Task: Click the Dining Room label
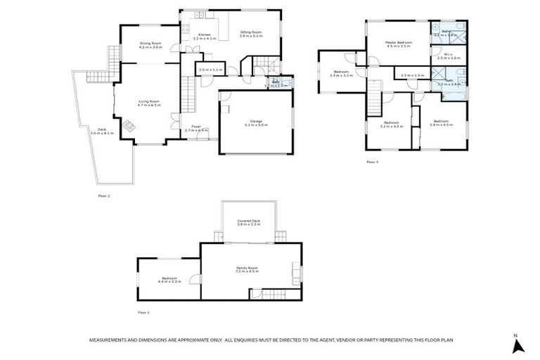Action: (x=150, y=45)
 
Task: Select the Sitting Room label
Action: (x=251, y=33)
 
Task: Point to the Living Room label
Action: (x=149, y=103)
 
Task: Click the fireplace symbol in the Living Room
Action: (x=129, y=126)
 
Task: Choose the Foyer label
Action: (x=197, y=129)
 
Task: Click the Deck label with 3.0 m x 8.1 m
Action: (x=101, y=131)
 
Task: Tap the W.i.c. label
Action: (x=449, y=56)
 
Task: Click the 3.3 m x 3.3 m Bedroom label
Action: (x=342, y=74)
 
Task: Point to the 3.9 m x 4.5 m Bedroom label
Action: (x=442, y=123)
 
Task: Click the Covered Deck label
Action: (x=249, y=221)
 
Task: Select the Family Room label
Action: (x=247, y=269)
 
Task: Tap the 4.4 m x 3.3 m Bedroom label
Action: (x=170, y=279)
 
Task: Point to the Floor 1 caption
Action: (x=143, y=312)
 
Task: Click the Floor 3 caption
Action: (x=372, y=162)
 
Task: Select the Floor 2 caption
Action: (x=104, y=196)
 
